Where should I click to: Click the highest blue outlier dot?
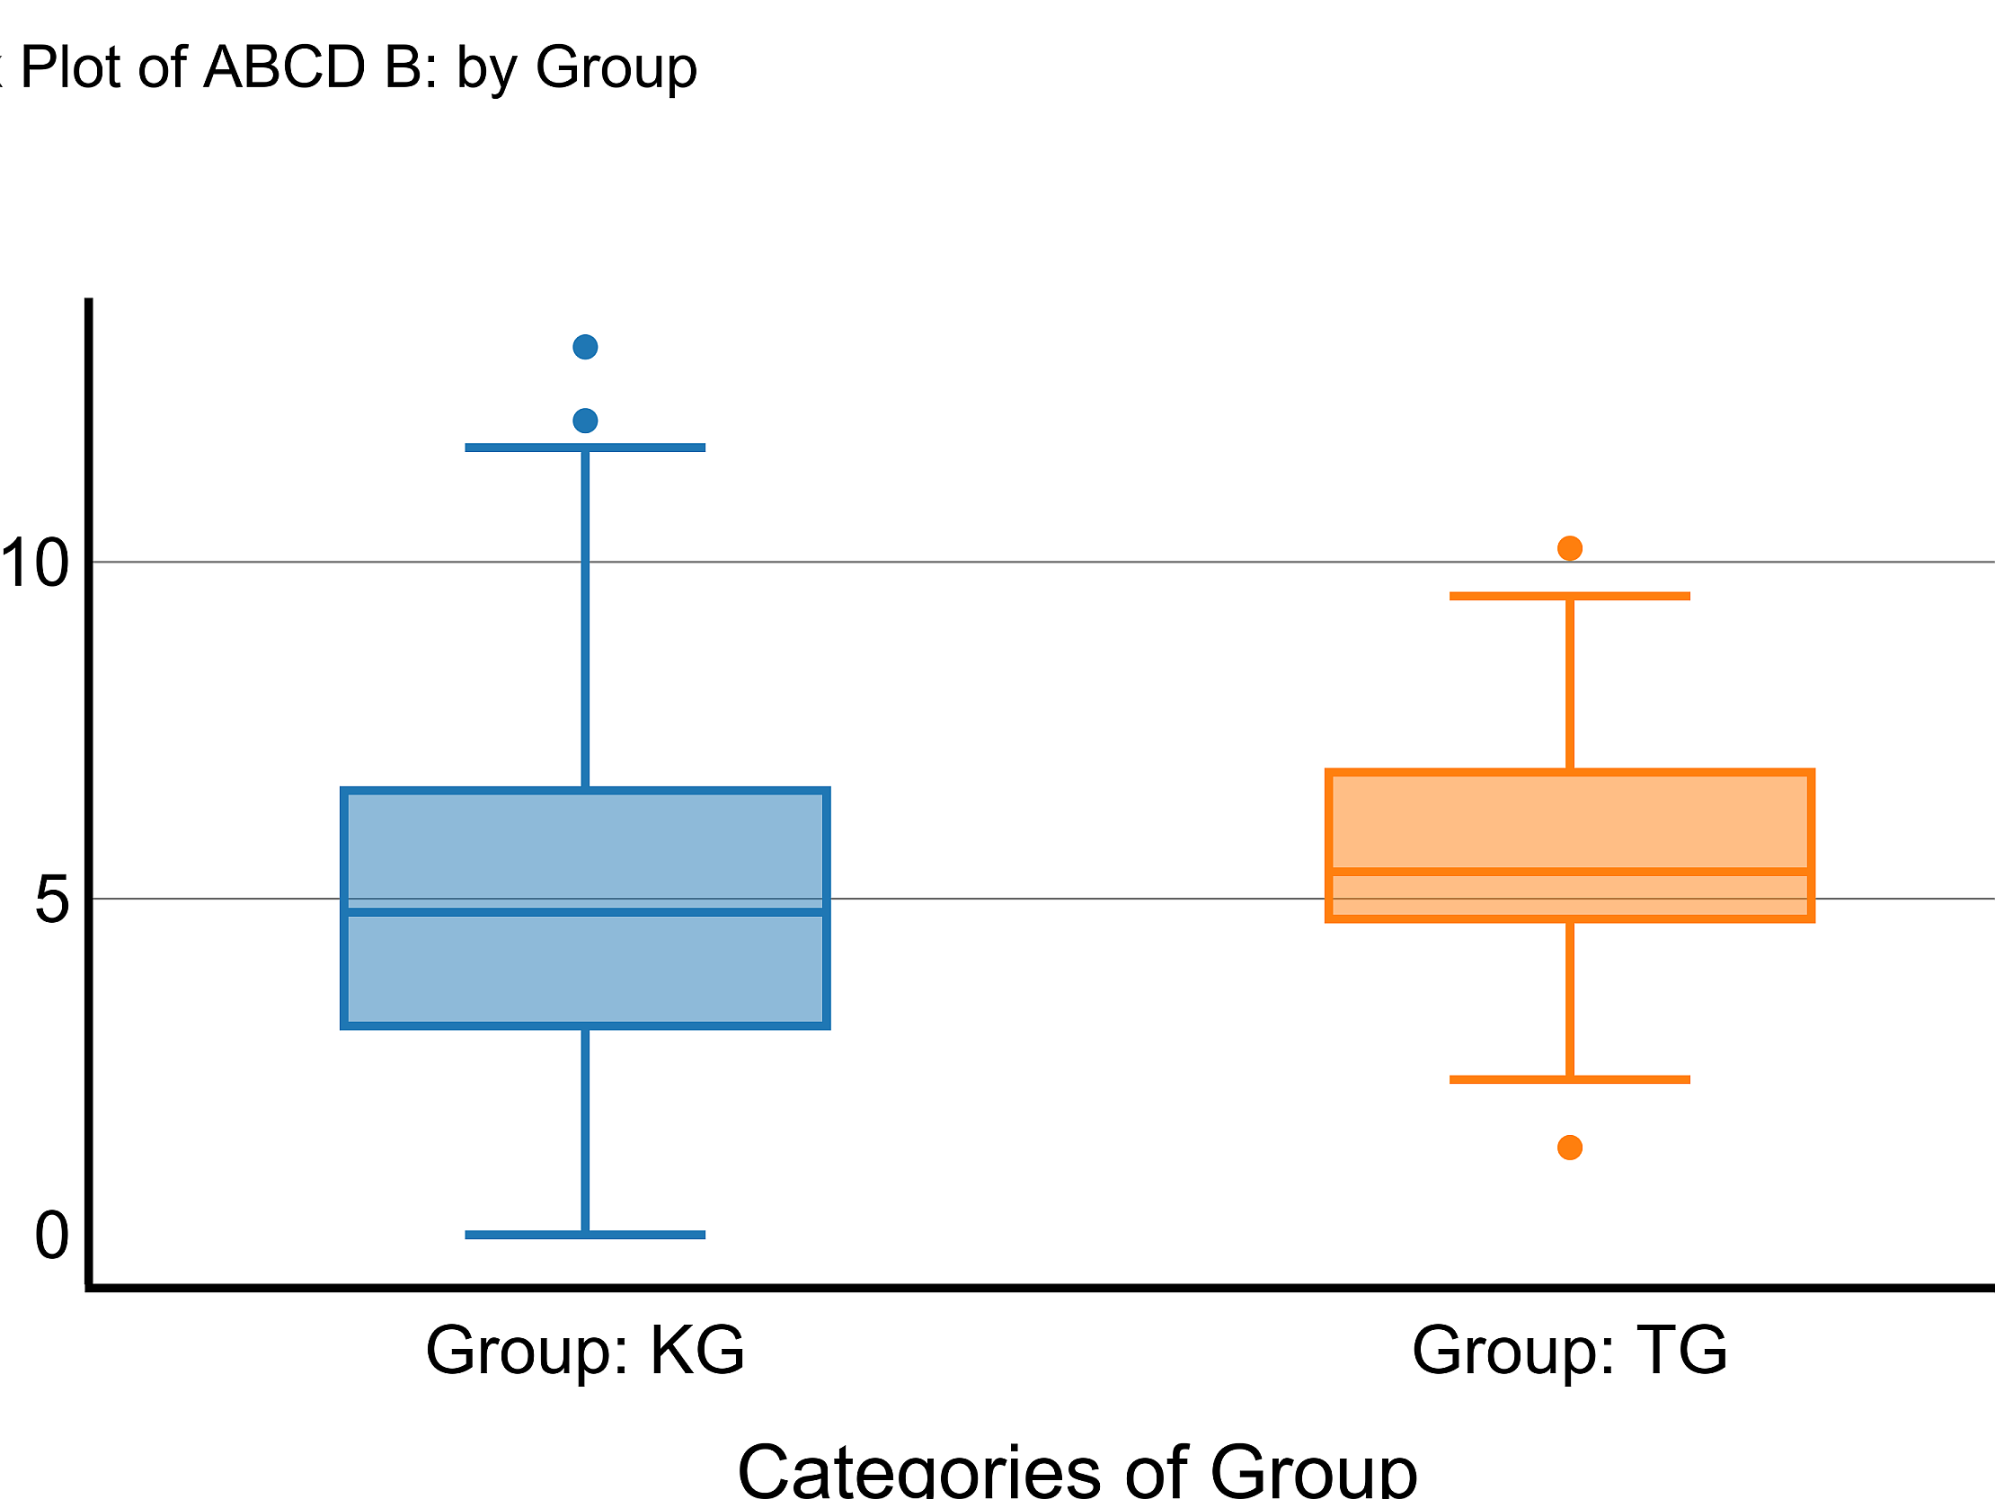[x=585, y=346]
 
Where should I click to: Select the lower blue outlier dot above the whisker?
[x=585, y=421]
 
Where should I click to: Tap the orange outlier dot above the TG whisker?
[x=1570, y=547]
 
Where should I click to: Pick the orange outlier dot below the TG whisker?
[x=1570, y=1148]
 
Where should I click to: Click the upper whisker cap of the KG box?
[x=585, y=448]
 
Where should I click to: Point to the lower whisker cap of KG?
[x=585, y=1235]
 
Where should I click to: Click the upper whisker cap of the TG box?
[x=1570, y=596]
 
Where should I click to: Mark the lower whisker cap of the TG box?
[x=1570, y=1079]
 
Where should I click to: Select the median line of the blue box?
[x=585, y=913]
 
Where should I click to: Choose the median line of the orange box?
[x=1570, y=872]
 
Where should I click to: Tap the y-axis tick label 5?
[x=52, y=900]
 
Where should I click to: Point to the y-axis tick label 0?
[x=52, y=1236]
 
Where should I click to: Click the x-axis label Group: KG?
[x=585, y=1351]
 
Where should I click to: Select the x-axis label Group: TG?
[x=1570, y=1351]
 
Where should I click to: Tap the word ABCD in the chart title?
[x=284, y=67]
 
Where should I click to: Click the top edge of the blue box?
[x=585, y=791]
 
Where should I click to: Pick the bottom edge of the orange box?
[x=1570, y=919]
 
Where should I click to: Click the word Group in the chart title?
[x=616, y=67]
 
